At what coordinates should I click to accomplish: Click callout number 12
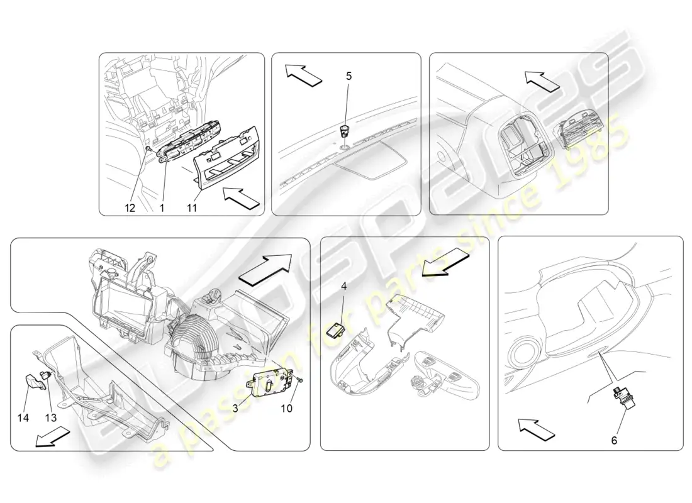[130, 208]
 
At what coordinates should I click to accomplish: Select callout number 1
[162, 208]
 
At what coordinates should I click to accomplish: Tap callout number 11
[191, 208]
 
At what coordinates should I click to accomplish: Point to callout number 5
[349, 76]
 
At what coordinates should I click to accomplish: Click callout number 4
[343, 286]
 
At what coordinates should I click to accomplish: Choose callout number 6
[614, 440]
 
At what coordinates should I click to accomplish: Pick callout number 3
[235, 409]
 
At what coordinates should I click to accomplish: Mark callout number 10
[286, 409]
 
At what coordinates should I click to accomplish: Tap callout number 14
[23, 417]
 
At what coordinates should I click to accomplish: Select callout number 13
[51, 417]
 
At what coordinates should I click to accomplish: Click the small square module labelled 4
[334, 331]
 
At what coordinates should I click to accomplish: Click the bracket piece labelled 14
[35, 382]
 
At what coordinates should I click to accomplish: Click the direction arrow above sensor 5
[303, 75]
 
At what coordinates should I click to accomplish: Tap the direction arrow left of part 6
[536, 429]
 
